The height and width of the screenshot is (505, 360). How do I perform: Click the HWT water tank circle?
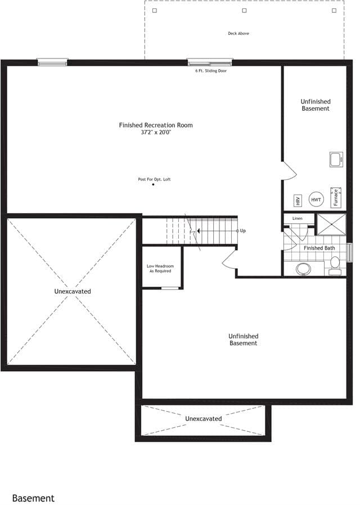coord(316,200)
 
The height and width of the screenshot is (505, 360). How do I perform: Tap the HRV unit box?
coord(298,200)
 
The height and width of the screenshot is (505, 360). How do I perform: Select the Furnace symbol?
coord(336,197)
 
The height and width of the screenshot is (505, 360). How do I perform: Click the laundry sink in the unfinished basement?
coord(336,159)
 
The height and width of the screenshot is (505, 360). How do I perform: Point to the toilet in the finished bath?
coord(335,265)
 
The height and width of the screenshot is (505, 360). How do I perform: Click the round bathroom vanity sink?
coord(303,269)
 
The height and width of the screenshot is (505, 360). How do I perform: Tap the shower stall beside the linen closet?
coord(332,224)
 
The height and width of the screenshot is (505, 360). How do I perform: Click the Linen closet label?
coord(297,218)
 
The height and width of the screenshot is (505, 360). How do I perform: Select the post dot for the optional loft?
coord(153,184)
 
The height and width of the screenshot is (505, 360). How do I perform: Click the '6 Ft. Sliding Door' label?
coord(211,71)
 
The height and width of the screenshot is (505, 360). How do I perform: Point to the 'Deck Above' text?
coord(238,33)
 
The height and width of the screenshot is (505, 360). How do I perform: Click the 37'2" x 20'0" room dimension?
coord(156,132)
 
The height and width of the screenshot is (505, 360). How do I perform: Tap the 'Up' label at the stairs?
coord(243,231)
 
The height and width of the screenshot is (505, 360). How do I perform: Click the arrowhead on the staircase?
coord(199,231)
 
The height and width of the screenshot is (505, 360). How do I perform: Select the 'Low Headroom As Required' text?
coord(160,269)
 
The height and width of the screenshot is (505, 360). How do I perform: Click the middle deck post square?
coord(244,11)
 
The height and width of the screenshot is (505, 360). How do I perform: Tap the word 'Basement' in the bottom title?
coord(34,498)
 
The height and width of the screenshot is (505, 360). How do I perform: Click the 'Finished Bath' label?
coord(319,248)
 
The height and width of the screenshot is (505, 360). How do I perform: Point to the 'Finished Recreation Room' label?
coord(156,125)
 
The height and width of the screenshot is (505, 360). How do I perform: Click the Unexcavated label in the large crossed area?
coord(73,291)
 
